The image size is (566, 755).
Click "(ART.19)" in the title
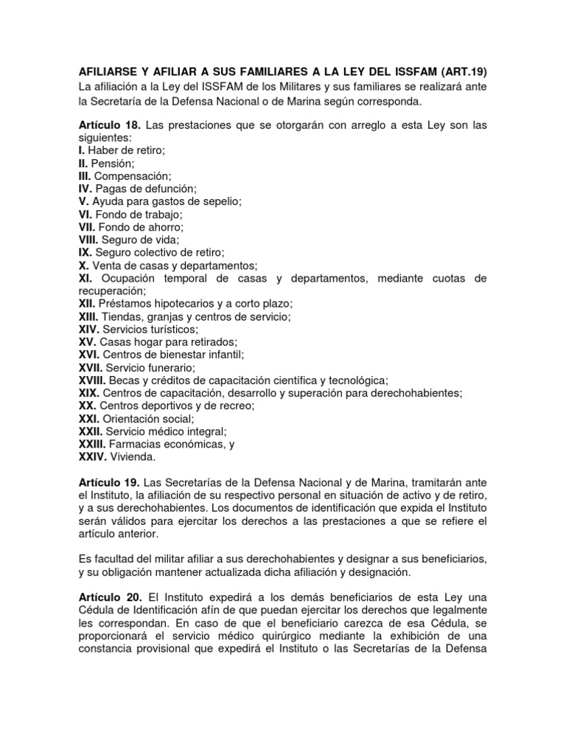[x=459, y=72]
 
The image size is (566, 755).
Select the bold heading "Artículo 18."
[x=109, y=125]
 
